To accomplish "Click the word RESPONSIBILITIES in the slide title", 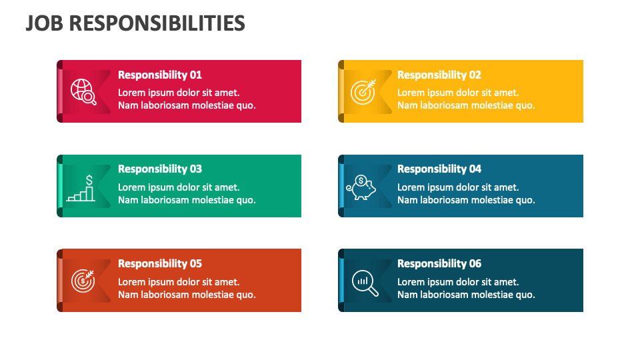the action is click(157, 23).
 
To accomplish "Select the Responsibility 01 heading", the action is click(160, 75).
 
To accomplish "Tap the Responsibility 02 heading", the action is click(439, 75).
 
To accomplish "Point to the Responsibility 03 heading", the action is click(160, 169).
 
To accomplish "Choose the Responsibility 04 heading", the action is click(439, 169).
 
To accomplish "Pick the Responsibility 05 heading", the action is click(160, 264).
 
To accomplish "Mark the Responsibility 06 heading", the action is click(439, 264).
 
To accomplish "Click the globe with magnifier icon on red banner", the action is click(83, 92).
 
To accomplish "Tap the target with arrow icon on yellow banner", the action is click(363, 92).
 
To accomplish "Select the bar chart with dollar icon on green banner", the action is click(81, 188).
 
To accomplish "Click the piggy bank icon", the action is click(361, 187).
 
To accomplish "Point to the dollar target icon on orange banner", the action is click(83, 281).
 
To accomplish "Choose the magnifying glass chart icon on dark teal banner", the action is click(365, 283).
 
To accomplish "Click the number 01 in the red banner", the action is click(196, 75).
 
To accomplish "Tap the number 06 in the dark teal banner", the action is click(475, 264).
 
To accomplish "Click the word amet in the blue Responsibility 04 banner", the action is click(506, 188).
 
